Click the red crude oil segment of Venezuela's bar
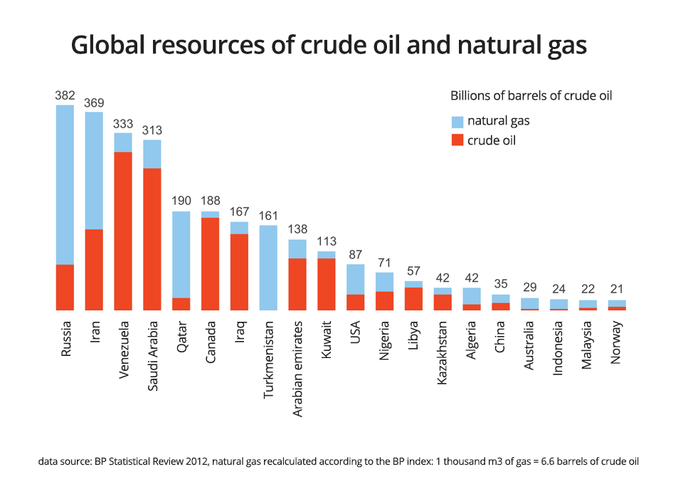123,231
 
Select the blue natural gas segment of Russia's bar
65,185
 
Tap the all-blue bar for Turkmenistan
268,268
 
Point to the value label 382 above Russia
65,95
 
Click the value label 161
268,216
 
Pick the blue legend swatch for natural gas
457,121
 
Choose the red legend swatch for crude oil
457,140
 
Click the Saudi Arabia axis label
152,355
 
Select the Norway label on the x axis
617,342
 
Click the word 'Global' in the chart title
115,46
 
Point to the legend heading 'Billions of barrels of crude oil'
531,95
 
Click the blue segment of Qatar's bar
181,254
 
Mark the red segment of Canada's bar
210,263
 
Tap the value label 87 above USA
356,255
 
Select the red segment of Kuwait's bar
327,284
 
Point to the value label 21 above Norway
617,290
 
